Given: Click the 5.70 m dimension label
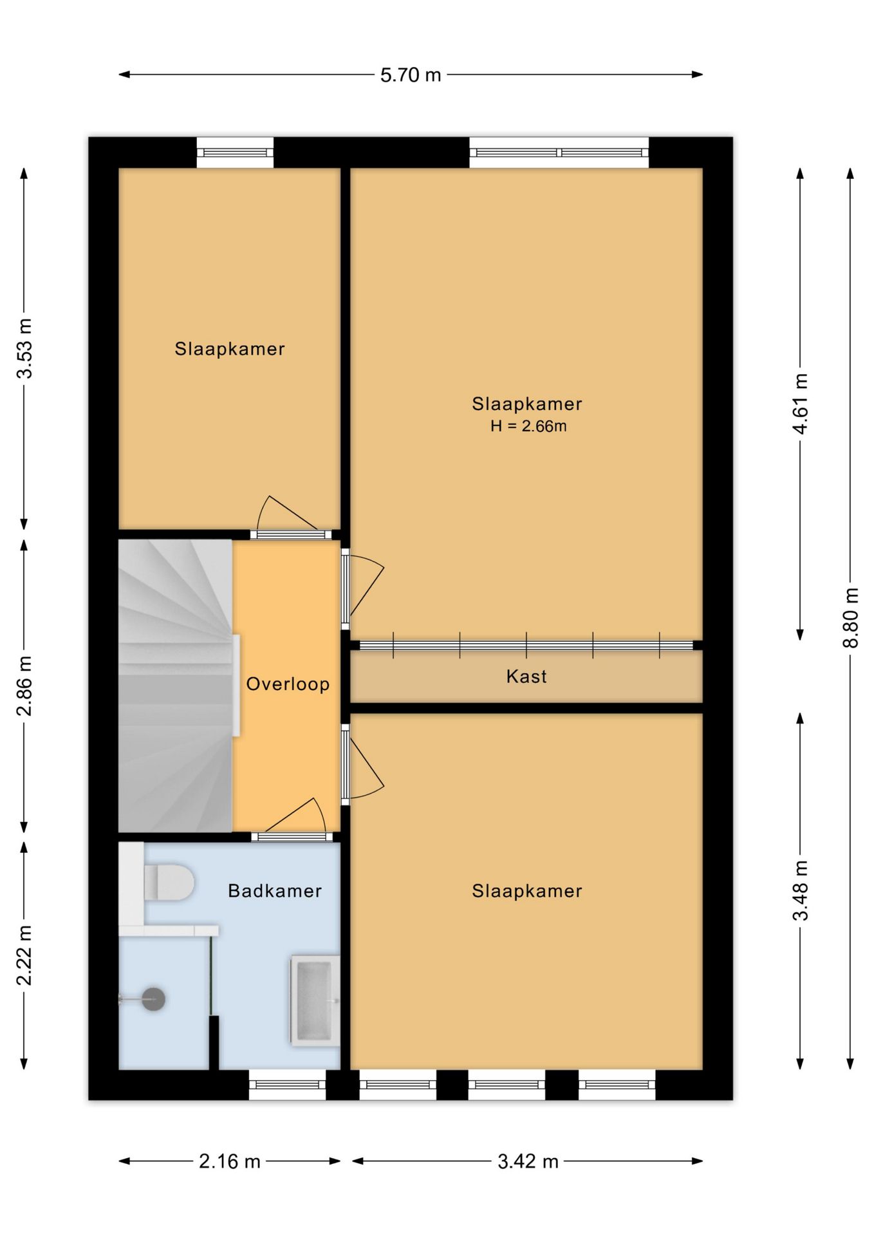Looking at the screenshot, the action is (410, 75).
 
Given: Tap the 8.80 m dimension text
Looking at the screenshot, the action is (851, 617).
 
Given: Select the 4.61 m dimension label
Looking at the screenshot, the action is (800, 404).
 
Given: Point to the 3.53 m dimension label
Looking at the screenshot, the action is (24, 348).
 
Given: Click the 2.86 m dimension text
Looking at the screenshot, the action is (24, 686).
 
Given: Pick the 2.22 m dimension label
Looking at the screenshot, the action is (24, 955).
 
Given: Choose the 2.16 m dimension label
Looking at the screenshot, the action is (230, 1162).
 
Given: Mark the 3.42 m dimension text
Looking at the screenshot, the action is (528, 1162).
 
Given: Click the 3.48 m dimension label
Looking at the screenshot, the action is (800, 890).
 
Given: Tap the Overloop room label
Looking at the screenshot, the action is (288, 684).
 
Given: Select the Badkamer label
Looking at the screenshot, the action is (275, 891).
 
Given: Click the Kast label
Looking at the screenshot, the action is (526, 677).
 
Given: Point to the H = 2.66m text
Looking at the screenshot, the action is (528, 426).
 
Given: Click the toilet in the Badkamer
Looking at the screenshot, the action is (169, 882).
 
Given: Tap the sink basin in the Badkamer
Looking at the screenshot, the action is (315, 1000).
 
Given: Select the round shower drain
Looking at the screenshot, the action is (153, 999).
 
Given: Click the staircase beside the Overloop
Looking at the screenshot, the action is (175, 686).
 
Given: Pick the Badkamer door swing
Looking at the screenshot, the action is (295, 816).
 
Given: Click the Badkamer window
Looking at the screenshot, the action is (287, 1085).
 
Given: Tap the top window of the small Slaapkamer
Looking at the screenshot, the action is (235, 153).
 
